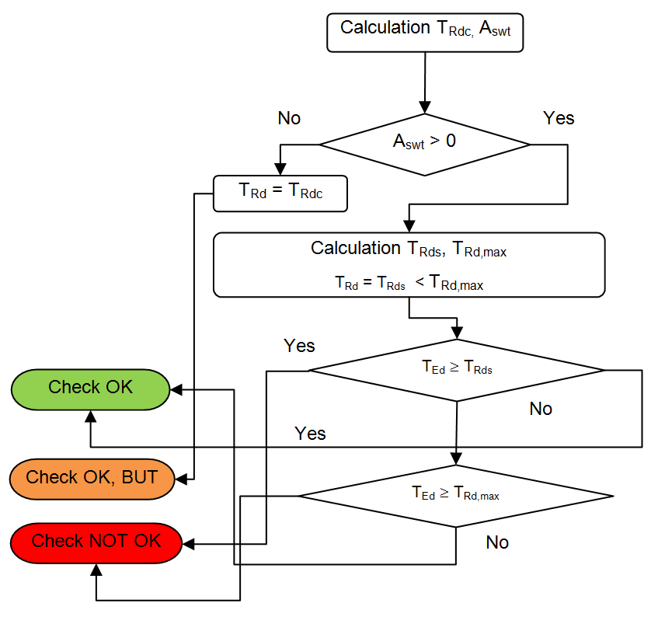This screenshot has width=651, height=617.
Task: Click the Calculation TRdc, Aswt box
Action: [425, 33]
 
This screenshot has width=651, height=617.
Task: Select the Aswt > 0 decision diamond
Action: [424, 144]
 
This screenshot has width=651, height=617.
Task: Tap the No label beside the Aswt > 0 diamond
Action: [289, 118]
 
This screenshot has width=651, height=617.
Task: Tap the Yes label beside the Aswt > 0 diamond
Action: [559, 118]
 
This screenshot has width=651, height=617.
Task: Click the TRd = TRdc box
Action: [280, 193]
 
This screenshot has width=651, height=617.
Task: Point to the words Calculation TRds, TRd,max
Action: [409, 249]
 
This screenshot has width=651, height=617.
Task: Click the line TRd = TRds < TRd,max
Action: [409, 284]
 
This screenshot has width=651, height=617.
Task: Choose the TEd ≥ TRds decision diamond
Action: [456, 369]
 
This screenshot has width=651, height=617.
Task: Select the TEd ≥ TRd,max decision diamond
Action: [456, 495]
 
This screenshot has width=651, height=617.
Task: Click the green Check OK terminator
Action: [91, 388]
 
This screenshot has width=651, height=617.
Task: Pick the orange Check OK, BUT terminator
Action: [91, 477]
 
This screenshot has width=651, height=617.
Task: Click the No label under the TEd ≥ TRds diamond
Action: [541, 409]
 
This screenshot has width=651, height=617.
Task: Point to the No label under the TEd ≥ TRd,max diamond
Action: [497, 542]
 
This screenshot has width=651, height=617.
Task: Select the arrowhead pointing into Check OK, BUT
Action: [177, 477]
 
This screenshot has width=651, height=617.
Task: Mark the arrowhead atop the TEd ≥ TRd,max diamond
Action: [456, 459]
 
